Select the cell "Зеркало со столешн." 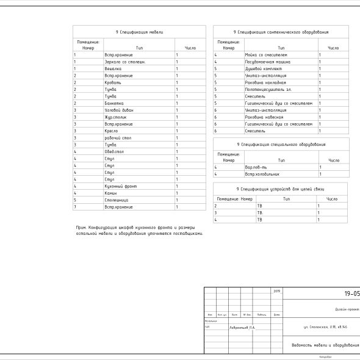(121, 62)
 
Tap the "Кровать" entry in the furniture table (113, 82)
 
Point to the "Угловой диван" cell (118, 110)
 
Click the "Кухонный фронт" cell (118, 186)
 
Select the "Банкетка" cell (114, 103)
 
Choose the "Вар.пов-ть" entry (256, 167)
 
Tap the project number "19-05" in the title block (351, 294)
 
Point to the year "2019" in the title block (277, 290)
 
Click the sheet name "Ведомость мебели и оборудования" (323, 345)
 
